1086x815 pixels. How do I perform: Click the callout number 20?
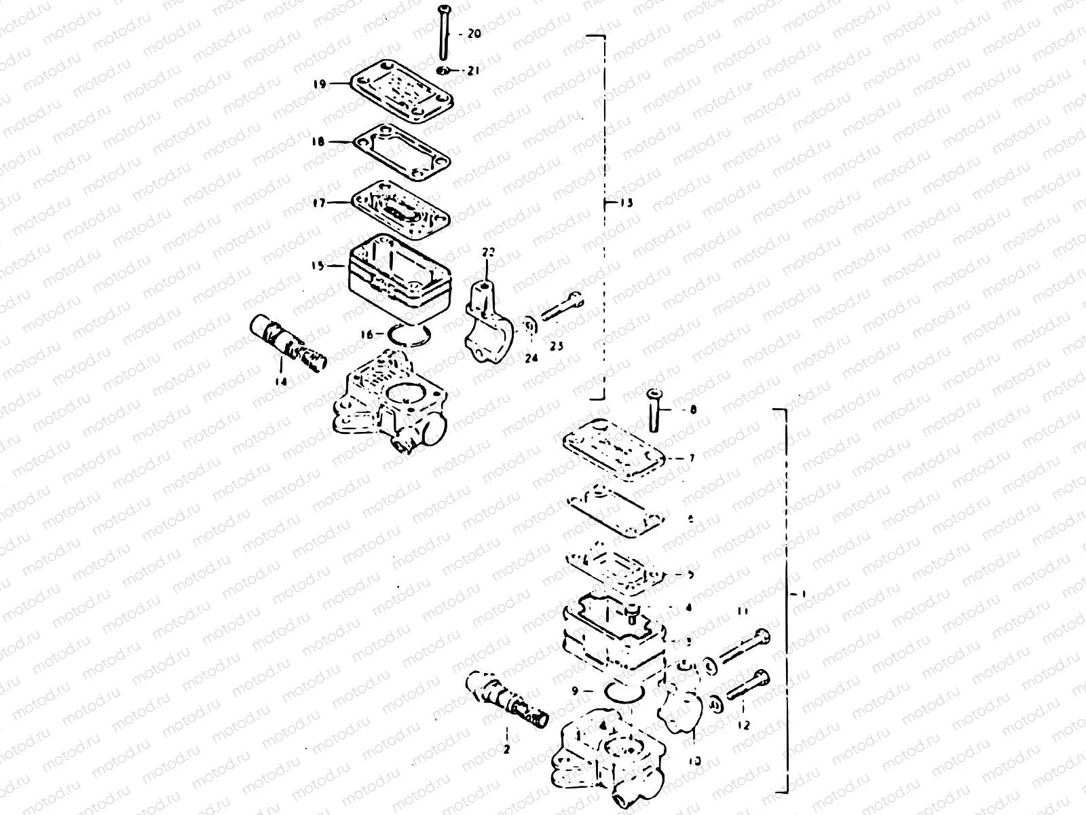[474, 33]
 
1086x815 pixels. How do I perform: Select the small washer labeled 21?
[442, 70]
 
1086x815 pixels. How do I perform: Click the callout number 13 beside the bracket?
[625, 203]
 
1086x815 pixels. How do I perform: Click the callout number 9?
[575, 691]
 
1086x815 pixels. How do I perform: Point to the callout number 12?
[743, 725]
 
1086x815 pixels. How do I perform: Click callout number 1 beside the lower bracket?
[803, 593]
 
